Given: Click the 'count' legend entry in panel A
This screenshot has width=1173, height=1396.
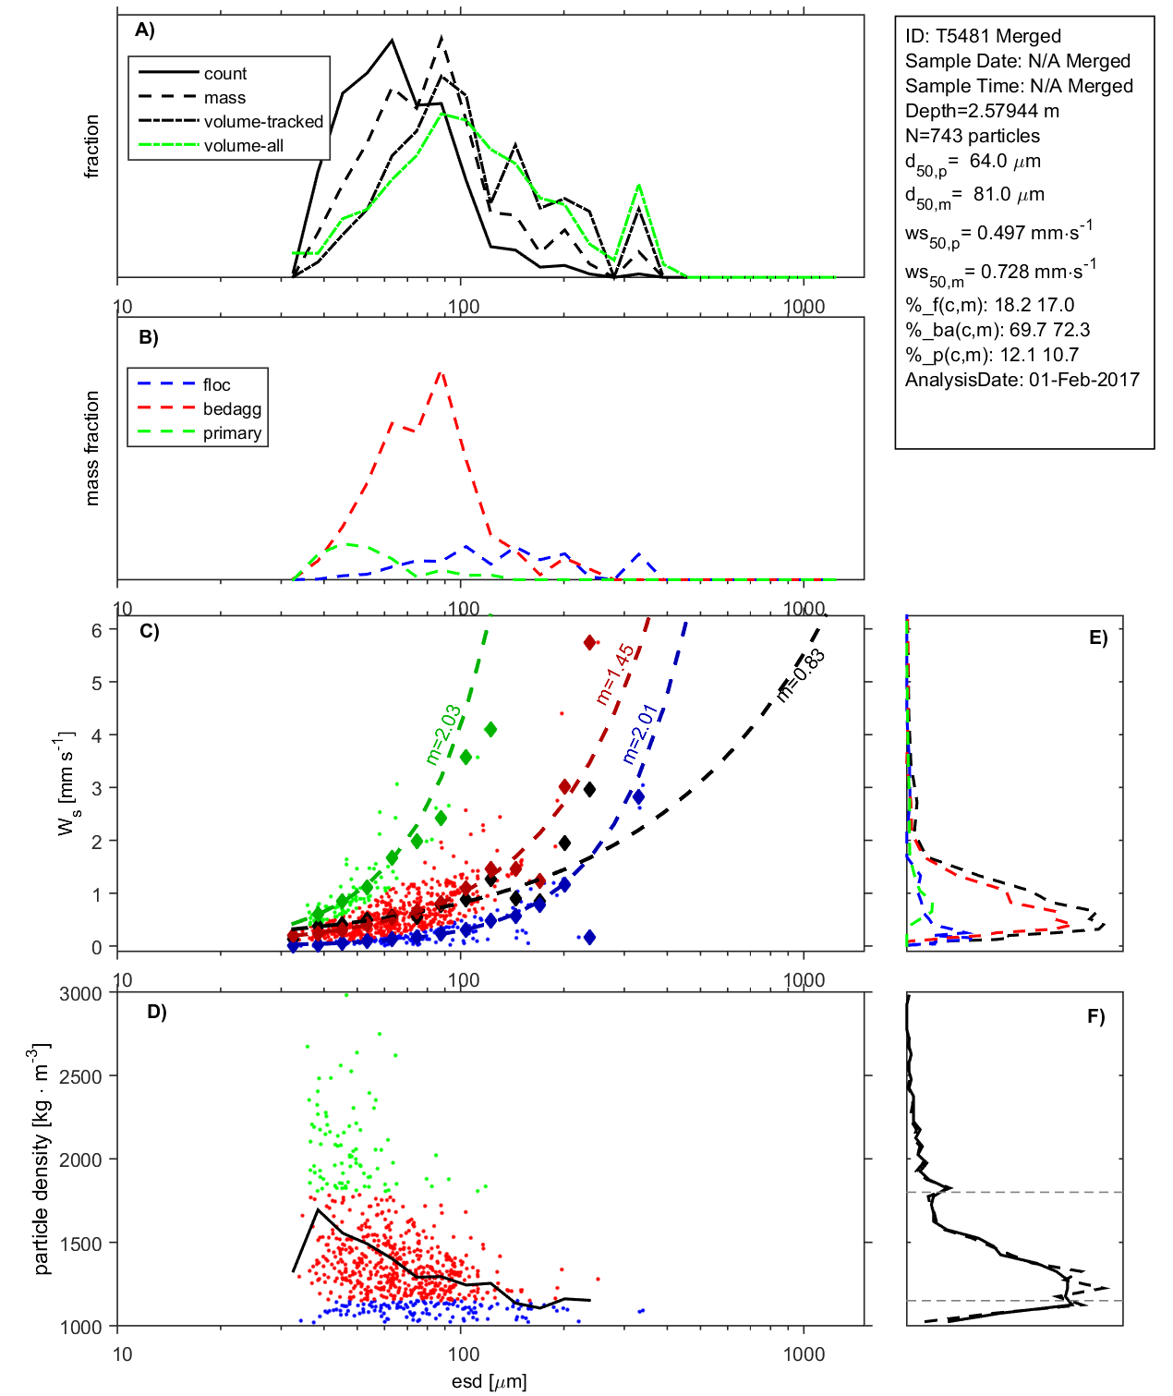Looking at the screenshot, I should tap(225, 74).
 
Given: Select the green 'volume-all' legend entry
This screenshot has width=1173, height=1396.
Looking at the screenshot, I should tap(243, 146).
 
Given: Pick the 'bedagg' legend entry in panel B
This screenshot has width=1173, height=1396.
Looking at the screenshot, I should tap(232, 409).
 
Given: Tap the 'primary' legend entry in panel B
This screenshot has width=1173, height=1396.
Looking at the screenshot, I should tap(232, 433).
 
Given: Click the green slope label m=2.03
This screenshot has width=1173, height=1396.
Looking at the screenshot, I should tap(443, 734).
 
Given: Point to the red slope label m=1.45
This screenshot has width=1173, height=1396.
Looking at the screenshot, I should tap(615, 674).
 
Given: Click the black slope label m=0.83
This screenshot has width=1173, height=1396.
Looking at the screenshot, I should tap(800, 675).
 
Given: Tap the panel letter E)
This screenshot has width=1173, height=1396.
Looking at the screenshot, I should tap(1098, 637).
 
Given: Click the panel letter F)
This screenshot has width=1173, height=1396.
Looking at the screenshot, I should tap(1096, 1016).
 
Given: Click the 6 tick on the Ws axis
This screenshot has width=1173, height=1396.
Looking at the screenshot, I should tap(97, 630).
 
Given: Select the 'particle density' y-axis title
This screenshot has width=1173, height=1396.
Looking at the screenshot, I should tap(42, 1159).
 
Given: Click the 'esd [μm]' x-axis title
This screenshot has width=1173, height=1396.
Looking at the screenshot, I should tap(490, 1381).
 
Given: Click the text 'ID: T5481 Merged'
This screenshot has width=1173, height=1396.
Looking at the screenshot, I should tap(983, 36).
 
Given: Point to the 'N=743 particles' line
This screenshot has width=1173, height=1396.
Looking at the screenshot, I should tap(973, 136).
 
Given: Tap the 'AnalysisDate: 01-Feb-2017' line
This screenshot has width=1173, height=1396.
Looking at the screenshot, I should tap(1022, 380).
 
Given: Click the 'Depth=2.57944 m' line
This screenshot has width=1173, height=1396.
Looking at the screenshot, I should tap(982, 111).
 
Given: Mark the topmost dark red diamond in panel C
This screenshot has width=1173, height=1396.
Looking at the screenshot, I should tap(589, 643).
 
